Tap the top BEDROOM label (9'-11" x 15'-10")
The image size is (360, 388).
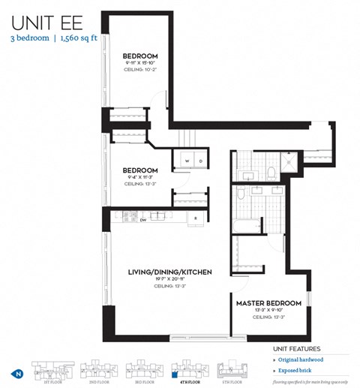[141, 56]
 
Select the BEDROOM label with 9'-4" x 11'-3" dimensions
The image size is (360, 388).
[140, 170]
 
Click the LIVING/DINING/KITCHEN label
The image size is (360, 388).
[170, 271]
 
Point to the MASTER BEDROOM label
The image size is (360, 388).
[268, 303]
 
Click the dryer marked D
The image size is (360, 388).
[201, 161]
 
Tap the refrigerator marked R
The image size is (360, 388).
[195, 218]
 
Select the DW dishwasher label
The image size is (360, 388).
[142, 220]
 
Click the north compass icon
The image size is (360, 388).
[16, 373]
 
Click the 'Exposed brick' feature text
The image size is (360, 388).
[299, 371]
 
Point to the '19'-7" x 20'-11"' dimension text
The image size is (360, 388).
[170, 278]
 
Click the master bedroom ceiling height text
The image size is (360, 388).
[268, 317]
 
